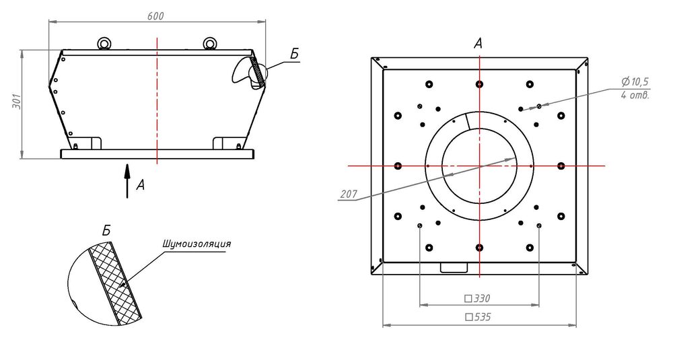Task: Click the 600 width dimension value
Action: coord(155,16)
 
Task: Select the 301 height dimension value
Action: coord(17,101)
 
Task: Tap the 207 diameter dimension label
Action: coord(349,194)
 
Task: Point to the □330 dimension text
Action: coord(478,298)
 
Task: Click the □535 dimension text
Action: coord(478,317)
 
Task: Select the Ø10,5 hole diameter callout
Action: coord(635,81)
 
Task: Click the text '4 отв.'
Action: coord(635,95)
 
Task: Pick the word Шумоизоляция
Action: coord(197,244)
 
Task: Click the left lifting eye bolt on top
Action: coord(103,44)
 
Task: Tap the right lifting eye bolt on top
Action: coord(209,44)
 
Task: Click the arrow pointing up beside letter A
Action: coord(127,180)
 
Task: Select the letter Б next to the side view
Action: coord(295,54)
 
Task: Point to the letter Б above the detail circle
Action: coord(106,230)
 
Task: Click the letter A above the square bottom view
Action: coord(478,43)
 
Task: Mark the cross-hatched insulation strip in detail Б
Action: coord(116,283)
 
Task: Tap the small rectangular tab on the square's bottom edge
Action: coord(454,267)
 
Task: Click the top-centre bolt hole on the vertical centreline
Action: coord(479,84)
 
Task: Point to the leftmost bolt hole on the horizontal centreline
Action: coord(398,166)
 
